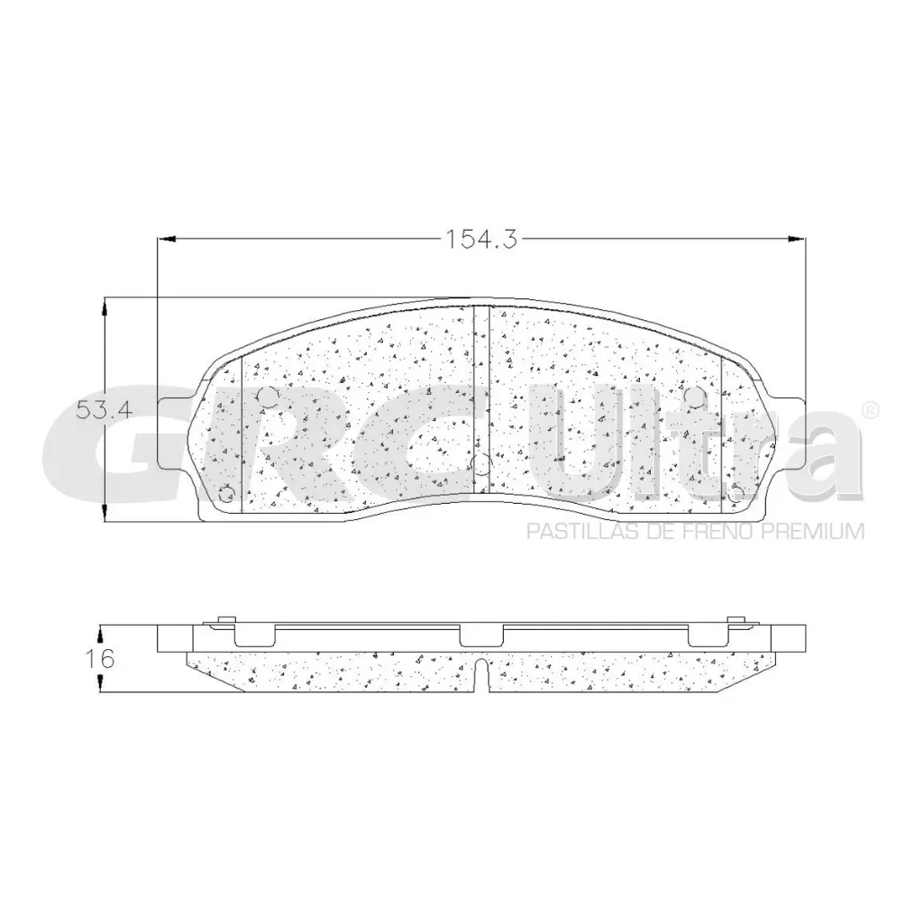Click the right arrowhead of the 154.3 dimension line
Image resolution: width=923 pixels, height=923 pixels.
tap(799, 239)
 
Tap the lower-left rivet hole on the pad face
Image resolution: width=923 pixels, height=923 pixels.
tap(226, 493)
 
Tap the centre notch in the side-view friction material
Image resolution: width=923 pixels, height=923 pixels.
tap(481, 674)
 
